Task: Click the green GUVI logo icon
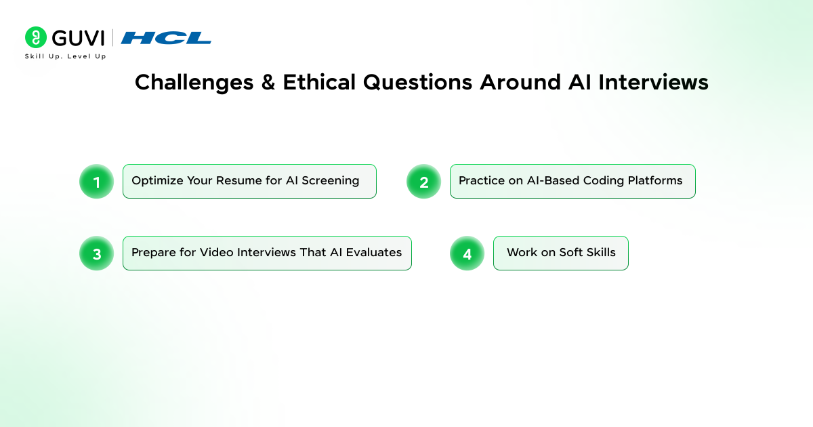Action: pos(35,37)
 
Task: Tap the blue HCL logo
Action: pos(166,38)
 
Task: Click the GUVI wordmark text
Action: pos(79,38)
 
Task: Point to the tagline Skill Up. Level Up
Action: pos(65,56)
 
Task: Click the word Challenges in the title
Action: pos(194,83)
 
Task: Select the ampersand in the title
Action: pos(268,82)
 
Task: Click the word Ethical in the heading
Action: pos(319,82)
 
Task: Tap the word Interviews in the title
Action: pos(653,82)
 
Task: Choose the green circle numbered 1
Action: pos(96,182)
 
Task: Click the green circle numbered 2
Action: pos(423,182)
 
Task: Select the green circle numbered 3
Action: pos(96,253)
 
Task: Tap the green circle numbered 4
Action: pos(467,253)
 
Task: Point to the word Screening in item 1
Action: pos(331,181)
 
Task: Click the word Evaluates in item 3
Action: pos(374,252)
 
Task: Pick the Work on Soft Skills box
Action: pos(561,253)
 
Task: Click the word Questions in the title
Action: pos(418,83)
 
